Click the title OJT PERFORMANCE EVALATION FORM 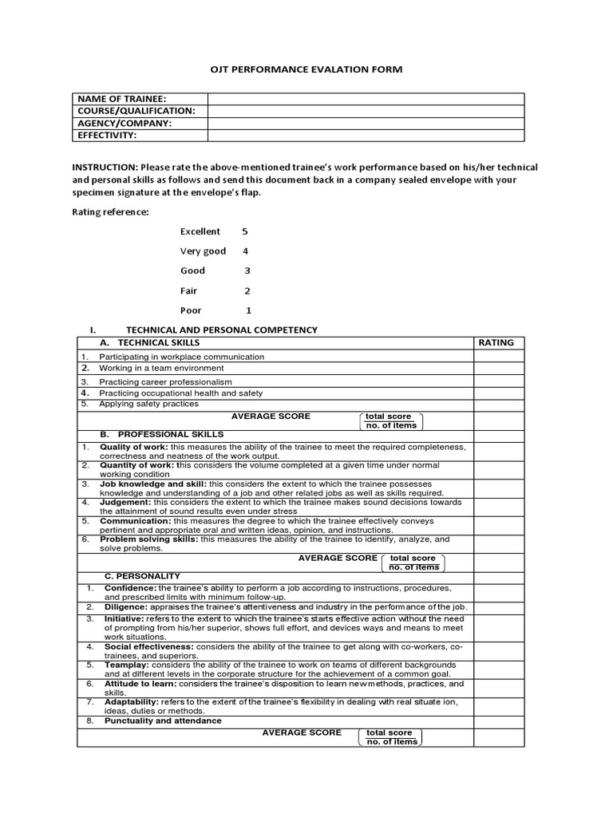306,69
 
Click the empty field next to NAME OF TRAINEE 366,98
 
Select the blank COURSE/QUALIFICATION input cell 366,111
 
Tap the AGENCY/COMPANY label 124,124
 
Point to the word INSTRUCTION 105,167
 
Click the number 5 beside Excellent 245,231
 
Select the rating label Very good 203,251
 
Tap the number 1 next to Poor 248,310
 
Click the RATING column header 496,343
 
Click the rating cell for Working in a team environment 498,369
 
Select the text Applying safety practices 148,405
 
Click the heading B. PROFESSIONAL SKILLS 161,435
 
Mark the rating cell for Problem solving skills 498,544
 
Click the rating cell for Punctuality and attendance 498,721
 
